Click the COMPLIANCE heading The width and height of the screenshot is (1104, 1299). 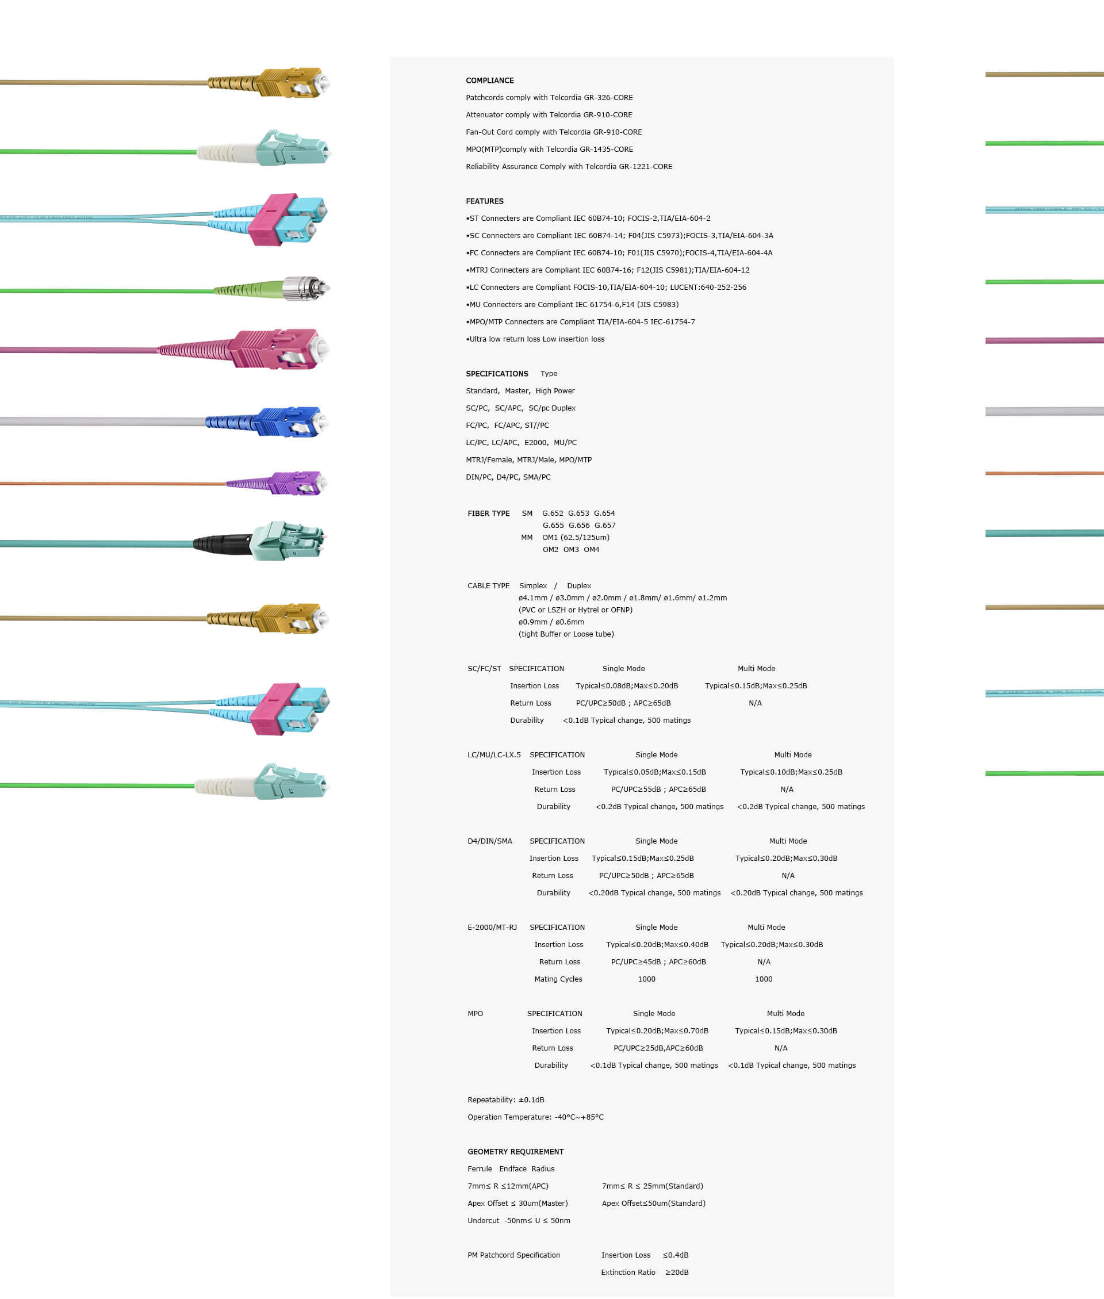tap(489, 80)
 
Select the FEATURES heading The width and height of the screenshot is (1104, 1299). tap(484, 201)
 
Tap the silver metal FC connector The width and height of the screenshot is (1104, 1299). tap(305, 288)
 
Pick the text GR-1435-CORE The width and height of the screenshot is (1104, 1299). tap(608, 149)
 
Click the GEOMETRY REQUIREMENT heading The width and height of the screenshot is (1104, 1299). tap(515, 1151)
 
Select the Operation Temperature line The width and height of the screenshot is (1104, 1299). tap(535, 1117)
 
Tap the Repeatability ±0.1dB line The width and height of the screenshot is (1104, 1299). tap(505, 1099)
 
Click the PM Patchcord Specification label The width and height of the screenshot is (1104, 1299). tap(513, 1255)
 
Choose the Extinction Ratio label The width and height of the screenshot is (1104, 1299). tap(628, 1272)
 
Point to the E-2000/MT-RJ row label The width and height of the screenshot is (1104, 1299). tap(492, 928)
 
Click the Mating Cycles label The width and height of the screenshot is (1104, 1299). tap(558, 979)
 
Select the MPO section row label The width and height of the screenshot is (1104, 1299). tap(475, 1013)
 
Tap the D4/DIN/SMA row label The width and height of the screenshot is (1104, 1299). tap(489, 841)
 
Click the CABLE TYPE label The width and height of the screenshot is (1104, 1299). tap(488, 586)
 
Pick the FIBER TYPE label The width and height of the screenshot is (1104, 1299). tap(488, 513)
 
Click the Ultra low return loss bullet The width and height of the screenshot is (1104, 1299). tap(535, 339)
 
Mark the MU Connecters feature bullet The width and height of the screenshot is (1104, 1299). tap(572, 304)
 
